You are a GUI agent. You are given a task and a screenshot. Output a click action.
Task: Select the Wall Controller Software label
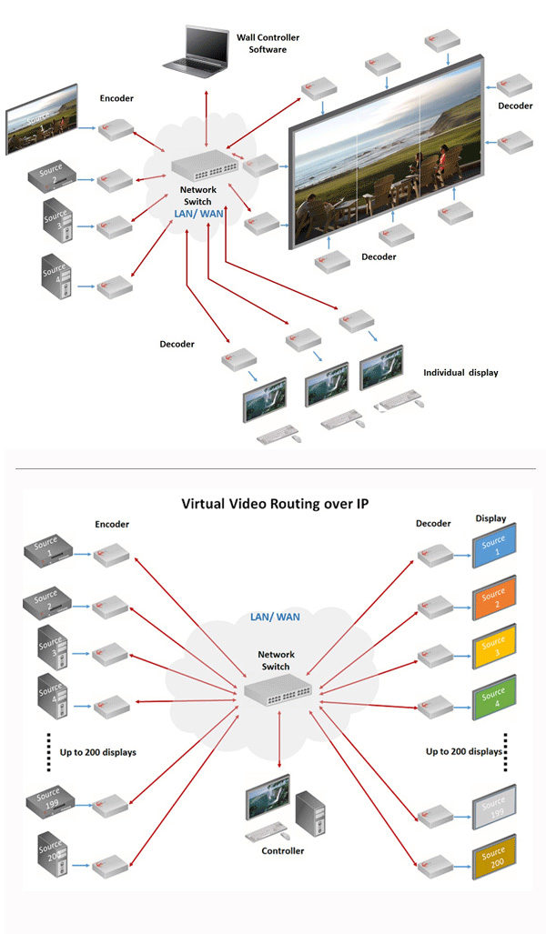(268, 43)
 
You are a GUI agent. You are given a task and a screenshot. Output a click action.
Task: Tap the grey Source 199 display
(493, 807)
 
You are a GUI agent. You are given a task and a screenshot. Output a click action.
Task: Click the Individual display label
(460, 373)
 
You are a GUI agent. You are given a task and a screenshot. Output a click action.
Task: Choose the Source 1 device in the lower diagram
(47, 549)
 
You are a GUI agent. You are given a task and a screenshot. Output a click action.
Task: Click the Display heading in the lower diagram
(491, 518)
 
